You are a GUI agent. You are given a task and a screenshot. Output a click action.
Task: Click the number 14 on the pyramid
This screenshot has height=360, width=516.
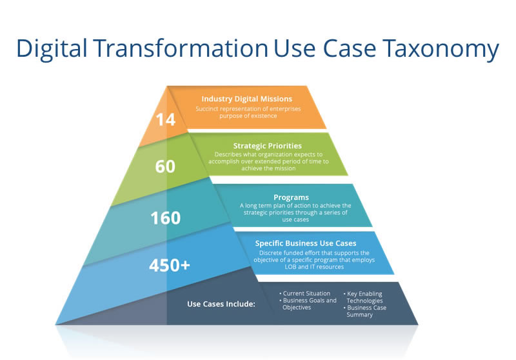(166, 119)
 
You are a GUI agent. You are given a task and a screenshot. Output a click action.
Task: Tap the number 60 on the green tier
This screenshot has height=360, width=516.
(165, 166)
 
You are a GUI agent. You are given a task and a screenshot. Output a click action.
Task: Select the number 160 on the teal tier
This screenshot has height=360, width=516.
(166, 218)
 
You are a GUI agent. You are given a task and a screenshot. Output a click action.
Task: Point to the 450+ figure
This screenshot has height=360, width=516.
(170, 265)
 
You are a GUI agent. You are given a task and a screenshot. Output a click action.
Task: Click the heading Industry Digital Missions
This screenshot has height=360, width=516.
(247, 99)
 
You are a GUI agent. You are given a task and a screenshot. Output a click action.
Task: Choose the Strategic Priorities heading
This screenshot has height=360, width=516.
(268, 146)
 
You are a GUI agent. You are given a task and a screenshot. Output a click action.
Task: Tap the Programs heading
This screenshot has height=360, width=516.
(292, 197)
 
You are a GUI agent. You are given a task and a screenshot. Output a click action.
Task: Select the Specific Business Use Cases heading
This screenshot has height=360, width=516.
(306, 243)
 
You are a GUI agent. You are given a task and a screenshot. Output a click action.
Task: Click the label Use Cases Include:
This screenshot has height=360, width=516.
(221, 304)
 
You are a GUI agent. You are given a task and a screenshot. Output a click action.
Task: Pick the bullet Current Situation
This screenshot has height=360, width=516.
(304, 293)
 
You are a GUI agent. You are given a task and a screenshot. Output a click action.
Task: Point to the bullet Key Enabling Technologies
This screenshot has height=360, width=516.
(363, 297)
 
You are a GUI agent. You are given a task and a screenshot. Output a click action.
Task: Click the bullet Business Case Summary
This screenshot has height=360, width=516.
(365, 311)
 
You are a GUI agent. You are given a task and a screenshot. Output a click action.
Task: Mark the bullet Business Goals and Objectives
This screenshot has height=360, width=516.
(308, 304)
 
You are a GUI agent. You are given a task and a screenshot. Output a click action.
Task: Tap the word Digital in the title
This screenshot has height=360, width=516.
(52, 48)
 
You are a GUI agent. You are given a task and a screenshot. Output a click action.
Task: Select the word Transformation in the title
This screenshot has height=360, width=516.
(181, 48)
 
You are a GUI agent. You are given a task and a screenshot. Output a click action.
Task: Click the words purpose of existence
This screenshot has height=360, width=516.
(248, 116)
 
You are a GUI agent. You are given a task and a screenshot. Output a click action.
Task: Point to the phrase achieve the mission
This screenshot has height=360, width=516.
(268, 168)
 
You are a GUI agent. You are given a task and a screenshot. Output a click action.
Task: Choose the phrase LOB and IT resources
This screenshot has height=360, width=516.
(314, 267)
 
